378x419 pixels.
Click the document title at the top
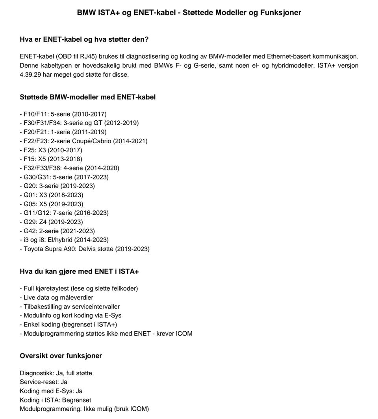189,13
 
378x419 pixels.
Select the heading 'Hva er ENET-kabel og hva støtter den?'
84,39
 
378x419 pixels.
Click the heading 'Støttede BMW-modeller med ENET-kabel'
87,97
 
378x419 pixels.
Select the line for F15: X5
51,159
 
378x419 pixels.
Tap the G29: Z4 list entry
51,221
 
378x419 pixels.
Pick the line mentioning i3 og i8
64,240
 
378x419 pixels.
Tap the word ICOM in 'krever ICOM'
183,334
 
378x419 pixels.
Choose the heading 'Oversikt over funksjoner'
61,356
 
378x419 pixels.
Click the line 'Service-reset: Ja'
44,382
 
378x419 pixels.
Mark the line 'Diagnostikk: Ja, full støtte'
56,373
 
